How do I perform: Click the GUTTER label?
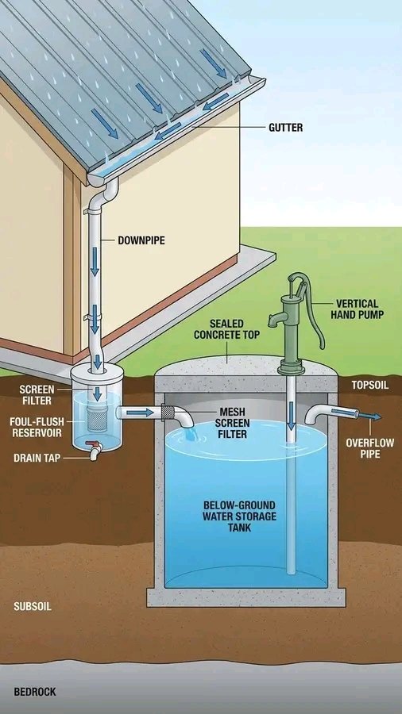286,127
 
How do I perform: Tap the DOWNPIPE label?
141,240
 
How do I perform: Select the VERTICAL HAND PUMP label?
357,309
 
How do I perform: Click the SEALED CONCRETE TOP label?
226,329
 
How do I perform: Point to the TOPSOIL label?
368,385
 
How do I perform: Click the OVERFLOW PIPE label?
363,448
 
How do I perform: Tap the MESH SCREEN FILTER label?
232,423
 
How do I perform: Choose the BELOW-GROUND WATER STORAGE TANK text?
227,516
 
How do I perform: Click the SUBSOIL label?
33,606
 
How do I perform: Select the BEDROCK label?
35,692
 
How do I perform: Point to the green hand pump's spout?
275,320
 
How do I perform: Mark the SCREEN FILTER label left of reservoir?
37,394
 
